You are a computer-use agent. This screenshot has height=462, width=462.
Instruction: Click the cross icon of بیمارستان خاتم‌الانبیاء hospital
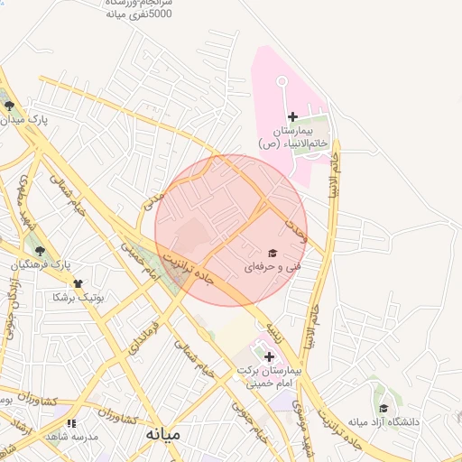coord(292,116)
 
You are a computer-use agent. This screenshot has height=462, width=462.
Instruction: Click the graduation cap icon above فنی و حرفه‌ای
coord(272,253)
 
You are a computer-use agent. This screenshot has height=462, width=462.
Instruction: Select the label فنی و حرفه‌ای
coord(271,267)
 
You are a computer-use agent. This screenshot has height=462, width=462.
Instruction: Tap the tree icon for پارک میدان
coord(9,106)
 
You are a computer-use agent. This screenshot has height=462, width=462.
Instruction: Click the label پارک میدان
coord(24,119)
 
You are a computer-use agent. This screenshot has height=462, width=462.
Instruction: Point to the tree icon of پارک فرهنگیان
coord(39,251)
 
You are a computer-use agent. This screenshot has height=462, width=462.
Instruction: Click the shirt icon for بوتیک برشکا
coord(77,282)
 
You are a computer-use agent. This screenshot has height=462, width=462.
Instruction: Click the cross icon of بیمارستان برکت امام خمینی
coord(269,357)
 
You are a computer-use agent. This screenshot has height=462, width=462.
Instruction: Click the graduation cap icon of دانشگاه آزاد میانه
coord(383,408)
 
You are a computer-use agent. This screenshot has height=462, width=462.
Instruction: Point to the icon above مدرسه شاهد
coord(71,423)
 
